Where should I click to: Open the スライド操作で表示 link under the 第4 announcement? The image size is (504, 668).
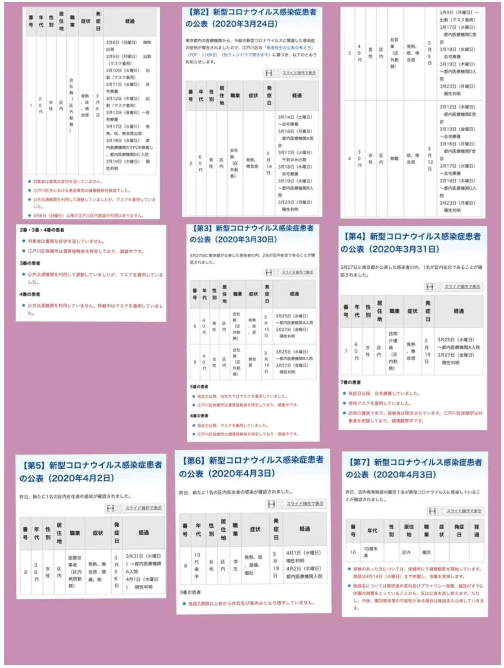(x=463, y=287)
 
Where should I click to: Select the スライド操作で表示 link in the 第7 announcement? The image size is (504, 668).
(x=464, y=511)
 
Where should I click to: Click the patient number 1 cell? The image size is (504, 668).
(x=31, y=105)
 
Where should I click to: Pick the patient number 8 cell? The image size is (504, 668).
(x=25, y=572)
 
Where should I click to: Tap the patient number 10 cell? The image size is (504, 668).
(x=353, y=552)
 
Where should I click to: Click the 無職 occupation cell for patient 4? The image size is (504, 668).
(x=394, y=158)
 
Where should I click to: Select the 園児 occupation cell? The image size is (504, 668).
(x=426, y=552)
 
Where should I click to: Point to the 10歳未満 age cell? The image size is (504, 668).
(x=371, y=552)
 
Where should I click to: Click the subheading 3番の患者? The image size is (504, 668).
(x=30, y=263)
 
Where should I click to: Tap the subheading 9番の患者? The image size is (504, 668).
(x=190, y=592)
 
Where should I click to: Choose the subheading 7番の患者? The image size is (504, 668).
(x=350, y=382)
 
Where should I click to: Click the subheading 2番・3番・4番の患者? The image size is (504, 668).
(x=42, y=230)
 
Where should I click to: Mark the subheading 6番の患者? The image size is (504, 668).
(x=199, y=416)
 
